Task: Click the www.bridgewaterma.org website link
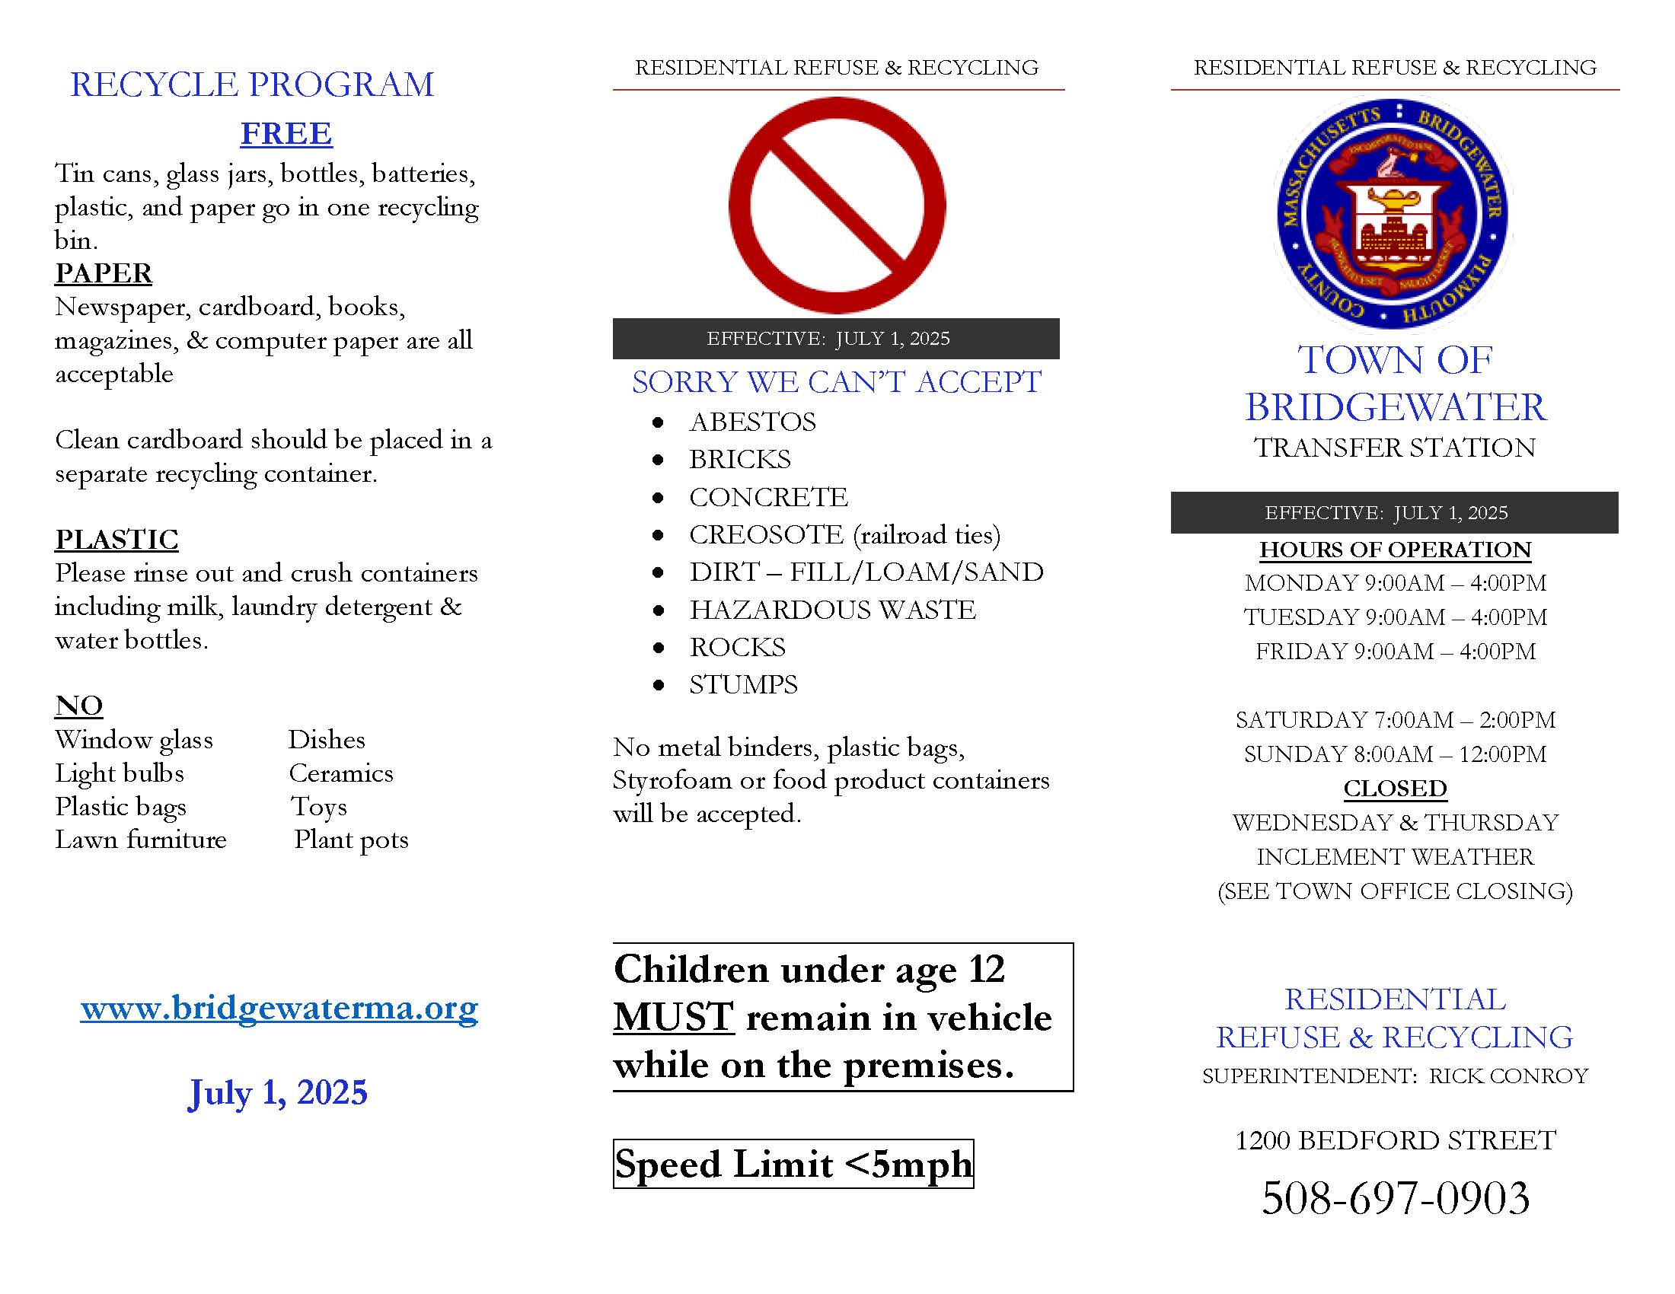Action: click(x=279, y=1007)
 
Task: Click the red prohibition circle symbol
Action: click(x=837, y=205)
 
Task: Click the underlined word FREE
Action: click(x=286, y=133)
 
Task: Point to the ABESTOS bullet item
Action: click(x=751, y=422)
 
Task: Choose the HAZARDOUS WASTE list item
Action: click(x=832, y=610)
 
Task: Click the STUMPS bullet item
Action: click(x=742, y=684)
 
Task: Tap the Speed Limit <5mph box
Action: click(x=793, y=1164)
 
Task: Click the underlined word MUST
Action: click(x=673, y=1017)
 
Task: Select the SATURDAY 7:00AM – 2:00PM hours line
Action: click(x=1395, y=720)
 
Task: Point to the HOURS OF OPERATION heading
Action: click(x=1395, y=550)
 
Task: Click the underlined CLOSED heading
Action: click(x=1395, y=788)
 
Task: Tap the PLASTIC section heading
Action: click(x=116, y=540)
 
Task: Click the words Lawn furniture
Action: click(x=141, y=840)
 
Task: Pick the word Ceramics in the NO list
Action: click(x=340, y=773)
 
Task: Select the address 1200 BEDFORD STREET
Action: click(x=1395, y=1140)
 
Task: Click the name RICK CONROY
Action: click(x=1507, y=1076)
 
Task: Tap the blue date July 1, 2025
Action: click(x=278, y=1092)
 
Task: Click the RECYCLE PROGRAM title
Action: click(x=251, y=84)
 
